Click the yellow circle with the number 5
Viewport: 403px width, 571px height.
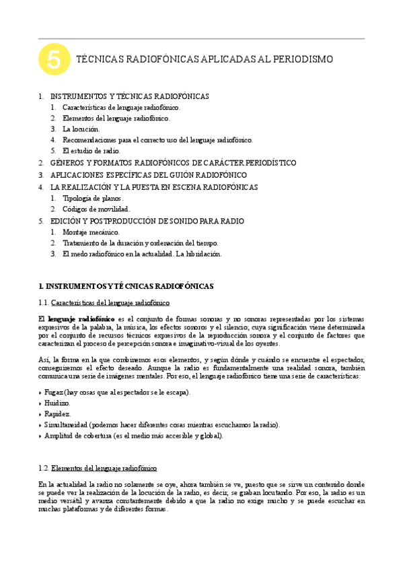point(54,60)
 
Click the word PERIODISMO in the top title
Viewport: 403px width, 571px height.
point(301,60)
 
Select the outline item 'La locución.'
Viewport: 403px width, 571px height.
point(81,129)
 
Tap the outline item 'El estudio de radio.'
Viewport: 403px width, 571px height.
point(91,151)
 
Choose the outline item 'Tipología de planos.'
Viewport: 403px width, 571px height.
point(93,199)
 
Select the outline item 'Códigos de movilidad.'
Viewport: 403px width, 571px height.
point(96,209)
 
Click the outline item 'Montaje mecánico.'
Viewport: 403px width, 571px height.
point(91,232)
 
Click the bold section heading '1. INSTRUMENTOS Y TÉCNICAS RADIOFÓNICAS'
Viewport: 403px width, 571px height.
point(126,286)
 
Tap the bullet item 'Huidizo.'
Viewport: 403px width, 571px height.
point(57,403)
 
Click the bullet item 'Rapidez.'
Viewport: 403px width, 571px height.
point(57,413)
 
